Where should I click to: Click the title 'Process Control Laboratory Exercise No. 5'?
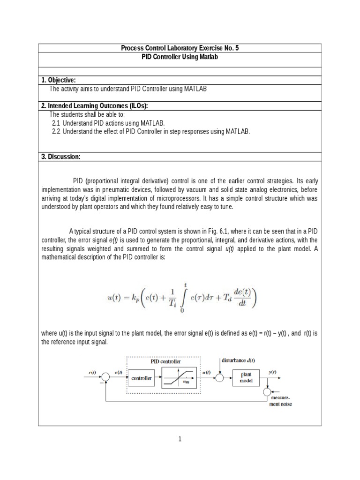180,48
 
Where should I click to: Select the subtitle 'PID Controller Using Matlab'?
180,57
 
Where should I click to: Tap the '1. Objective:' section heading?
59,80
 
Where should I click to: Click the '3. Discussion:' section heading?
60,157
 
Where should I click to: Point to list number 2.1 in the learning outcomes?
56,123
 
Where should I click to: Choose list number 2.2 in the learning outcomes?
56,132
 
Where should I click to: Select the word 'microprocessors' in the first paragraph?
215,198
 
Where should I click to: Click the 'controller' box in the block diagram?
141,378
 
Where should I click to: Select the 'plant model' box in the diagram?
246,377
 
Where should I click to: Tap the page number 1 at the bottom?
180,439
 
